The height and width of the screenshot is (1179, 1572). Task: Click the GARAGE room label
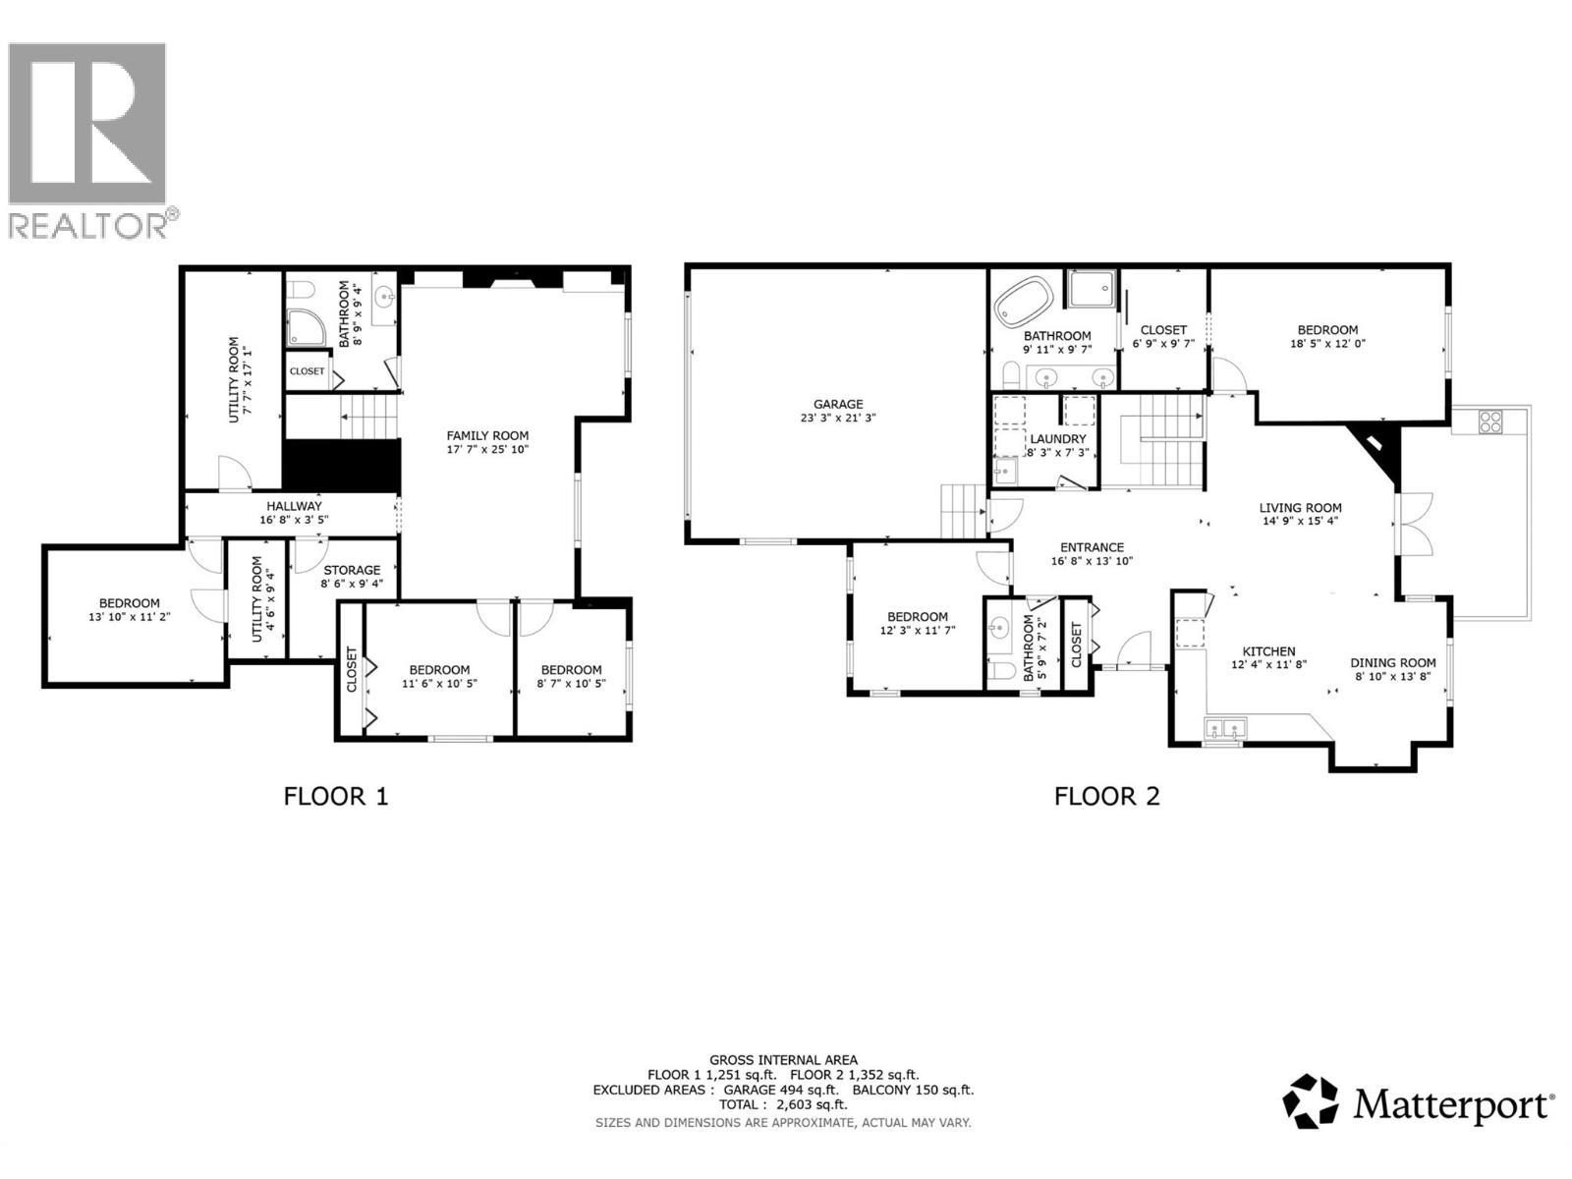click(837, 404)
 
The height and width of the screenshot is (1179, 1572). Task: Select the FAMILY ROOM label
click(487, 435)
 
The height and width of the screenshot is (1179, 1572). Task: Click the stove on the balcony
click(1490, 421)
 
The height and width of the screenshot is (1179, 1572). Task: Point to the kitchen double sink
click(1224, 729)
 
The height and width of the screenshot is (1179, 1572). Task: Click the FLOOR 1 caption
click(336, 795)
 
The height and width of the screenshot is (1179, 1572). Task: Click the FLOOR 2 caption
click(1106, 795)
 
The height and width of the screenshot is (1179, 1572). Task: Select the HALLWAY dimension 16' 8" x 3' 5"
click(294, 521)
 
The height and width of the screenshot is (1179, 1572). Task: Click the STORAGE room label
click(352, 570)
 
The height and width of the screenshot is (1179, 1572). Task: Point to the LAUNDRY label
click(1057, 439)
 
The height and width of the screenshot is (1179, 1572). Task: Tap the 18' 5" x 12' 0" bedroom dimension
click(1327, 344)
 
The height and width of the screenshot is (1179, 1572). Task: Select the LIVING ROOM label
click(1300, 508)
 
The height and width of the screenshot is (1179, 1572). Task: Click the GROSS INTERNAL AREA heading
click(783, 1060)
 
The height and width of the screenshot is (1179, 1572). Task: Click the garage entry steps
click(963, 511)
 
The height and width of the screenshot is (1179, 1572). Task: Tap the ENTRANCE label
click(1092, 547)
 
